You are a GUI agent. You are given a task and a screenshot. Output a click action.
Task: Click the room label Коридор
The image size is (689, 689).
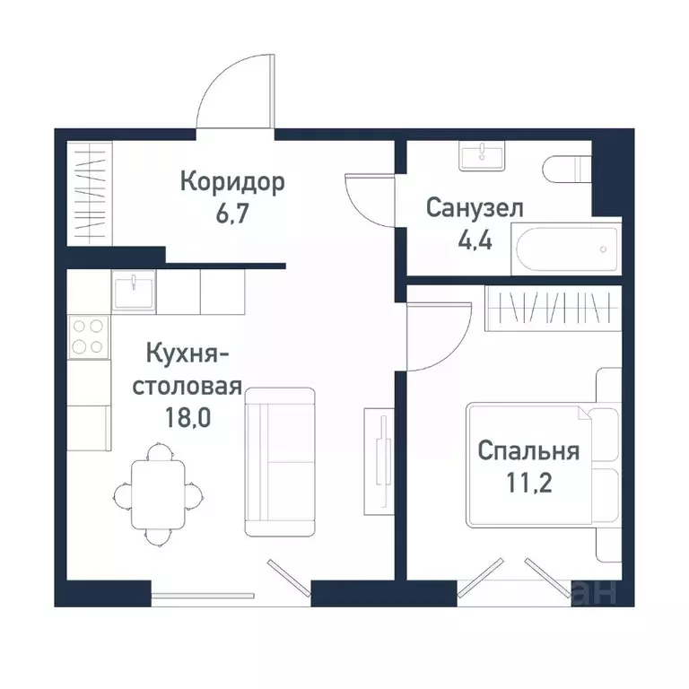(232, 182)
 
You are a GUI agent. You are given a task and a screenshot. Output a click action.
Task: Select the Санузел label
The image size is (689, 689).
(475, 209)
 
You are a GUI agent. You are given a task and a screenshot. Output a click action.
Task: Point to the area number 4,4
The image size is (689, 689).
(474, 242)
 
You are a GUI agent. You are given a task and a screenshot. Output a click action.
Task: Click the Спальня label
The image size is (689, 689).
(528, 450)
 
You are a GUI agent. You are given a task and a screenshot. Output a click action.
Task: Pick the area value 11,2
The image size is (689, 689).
(528, 484)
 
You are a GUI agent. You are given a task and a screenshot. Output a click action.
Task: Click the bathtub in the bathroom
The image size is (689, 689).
(565, 249)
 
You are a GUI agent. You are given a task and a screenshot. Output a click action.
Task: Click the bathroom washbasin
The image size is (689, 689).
(483, 156)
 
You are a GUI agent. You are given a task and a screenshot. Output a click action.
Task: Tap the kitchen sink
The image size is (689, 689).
(134, 292)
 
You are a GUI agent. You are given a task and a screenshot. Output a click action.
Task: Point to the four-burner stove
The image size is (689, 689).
(88, 337)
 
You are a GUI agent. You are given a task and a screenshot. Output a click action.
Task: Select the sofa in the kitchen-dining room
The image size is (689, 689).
(280, 461)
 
